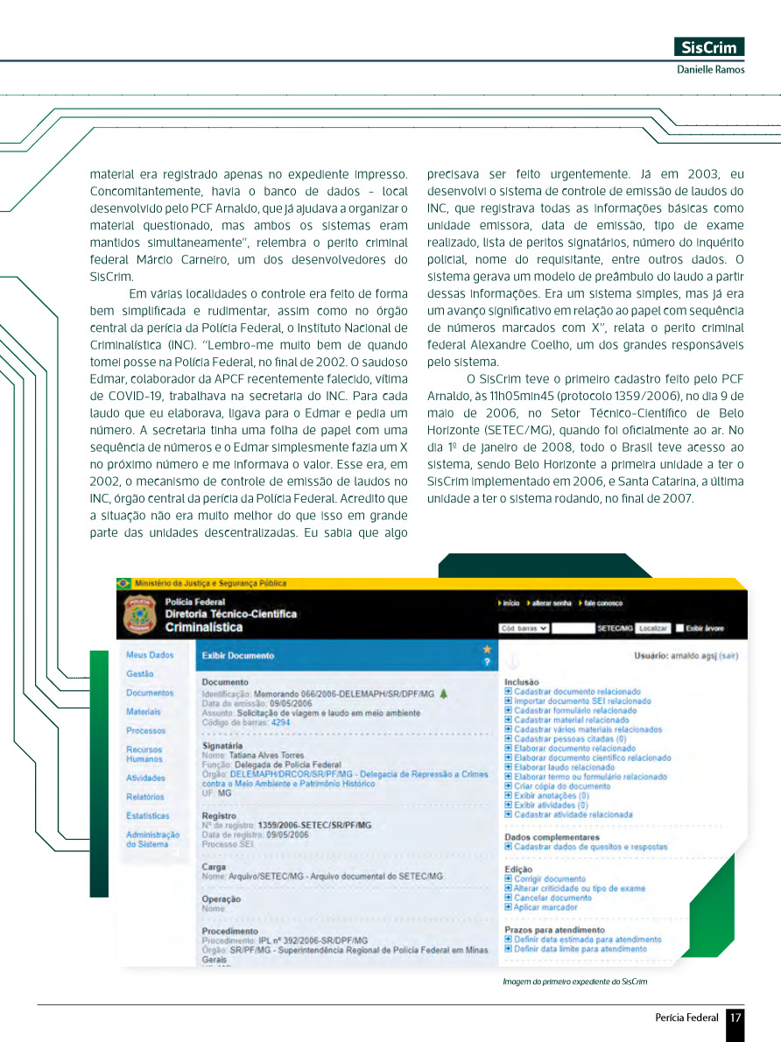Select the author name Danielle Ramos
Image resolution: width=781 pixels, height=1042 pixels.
coord(710,69)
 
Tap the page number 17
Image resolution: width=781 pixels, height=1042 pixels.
coord(735,1017)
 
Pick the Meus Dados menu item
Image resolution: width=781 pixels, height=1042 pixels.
coord(150,655)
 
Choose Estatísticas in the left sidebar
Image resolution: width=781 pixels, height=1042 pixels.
coord(148,816)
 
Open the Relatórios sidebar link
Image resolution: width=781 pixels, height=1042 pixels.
coord(145,797)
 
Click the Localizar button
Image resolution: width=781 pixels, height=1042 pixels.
coord(653,629)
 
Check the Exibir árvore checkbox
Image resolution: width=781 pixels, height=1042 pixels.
coord(679,629)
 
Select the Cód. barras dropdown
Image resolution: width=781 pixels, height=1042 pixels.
coord(524,629)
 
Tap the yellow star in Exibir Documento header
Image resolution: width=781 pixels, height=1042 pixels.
coord(487,649)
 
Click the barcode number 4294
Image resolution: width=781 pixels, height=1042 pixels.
coord(280,723)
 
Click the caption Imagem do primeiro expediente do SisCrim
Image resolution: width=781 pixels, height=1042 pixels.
coord(574,982)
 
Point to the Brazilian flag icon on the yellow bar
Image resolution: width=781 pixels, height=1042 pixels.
coord(123,583)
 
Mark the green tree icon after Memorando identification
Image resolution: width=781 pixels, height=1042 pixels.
coord(443,693)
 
